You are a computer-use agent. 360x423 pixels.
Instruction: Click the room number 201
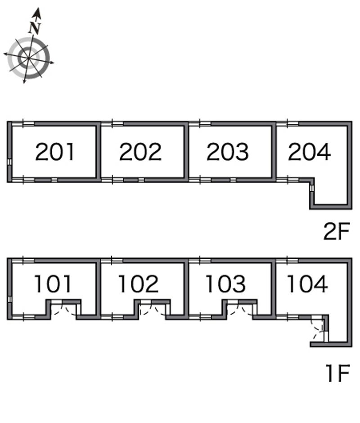pos(55,152)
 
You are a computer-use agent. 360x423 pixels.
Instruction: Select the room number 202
pos(140,152)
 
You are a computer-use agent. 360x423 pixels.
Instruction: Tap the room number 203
pos(228,152)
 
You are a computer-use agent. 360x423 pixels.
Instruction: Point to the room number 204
pos(309,152)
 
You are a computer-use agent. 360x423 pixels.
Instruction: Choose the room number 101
pos(53,284)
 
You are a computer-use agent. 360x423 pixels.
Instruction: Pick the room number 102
pos(139,284)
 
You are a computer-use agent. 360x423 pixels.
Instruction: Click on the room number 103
pos(225,284)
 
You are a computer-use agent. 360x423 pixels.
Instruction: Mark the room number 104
pos(307,284)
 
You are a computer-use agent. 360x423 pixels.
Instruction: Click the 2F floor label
pos(337,231)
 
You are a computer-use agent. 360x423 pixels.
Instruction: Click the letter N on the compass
pos(35,28)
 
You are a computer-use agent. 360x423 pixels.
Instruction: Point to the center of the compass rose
pos(29,58)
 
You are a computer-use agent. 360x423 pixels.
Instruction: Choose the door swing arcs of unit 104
pos(317,328)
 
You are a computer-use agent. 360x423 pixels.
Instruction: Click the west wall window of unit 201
pos(9,162)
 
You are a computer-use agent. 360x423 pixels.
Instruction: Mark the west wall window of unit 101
pos(9,299)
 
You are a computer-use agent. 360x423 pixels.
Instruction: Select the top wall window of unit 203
pos(200,124)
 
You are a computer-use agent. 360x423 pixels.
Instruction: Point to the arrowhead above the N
pos(37,13)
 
